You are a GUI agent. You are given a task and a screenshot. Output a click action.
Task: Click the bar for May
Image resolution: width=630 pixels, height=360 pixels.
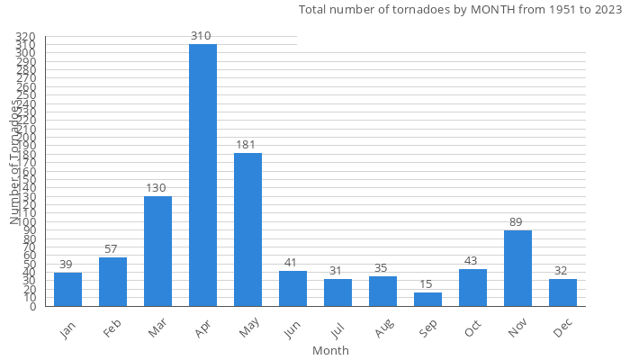click(x=247, y=229)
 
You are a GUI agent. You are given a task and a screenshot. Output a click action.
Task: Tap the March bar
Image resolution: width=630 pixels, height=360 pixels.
click(x=157, y=251)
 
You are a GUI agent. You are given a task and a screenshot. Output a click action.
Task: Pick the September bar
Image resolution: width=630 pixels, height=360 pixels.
click(x=427, y=300)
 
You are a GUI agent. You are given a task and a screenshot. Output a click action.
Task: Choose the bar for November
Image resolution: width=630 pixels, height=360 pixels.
click(x=517, y=268)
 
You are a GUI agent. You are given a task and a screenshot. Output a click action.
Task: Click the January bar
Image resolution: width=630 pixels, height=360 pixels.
click(x=67, y=290)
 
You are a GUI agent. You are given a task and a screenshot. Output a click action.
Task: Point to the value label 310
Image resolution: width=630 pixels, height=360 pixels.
click(x=201, y=36)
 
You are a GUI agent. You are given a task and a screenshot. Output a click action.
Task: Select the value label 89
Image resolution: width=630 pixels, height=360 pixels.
click(x=516, y=222)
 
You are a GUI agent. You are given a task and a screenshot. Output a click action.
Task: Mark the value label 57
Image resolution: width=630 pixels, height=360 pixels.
click(x=111, y=249)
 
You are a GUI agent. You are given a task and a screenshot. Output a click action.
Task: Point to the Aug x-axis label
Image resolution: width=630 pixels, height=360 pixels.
click(x=382, y=329)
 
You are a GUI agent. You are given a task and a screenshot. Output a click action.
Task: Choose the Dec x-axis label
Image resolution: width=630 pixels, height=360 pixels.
click(x=563, y=329)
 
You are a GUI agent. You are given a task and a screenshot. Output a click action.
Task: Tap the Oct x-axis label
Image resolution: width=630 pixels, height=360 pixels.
click(x=472, y=328)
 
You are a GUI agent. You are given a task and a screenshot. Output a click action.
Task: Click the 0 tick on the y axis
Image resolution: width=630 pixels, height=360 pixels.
click(x=32, y=307)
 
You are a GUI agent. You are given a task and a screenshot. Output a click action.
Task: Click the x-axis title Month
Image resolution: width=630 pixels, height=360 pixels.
click(x=330, y=350)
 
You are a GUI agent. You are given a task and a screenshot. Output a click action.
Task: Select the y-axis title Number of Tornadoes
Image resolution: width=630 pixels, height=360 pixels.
click(x=15, y=162)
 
